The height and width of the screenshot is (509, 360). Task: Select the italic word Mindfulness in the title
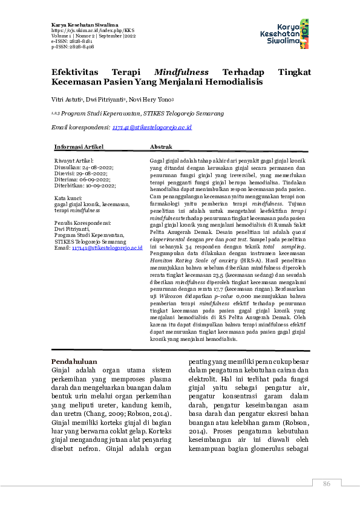coord(182,71)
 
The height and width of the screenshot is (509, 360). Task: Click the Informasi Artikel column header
coord(79,147)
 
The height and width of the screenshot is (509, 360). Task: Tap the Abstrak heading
coord(161,147)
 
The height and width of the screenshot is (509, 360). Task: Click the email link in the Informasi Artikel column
coord(107,248)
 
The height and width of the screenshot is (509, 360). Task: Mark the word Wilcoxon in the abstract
coord(170,297)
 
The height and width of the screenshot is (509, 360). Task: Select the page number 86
coord(327,484)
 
